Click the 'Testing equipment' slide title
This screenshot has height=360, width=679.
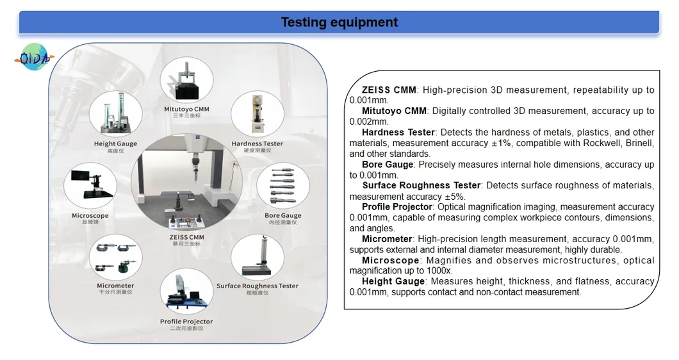pos(339,22)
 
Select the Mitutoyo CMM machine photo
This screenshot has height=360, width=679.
pos(186,82)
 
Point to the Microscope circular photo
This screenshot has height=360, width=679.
pos(90,185)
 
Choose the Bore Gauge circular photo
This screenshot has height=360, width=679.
pos(282,185)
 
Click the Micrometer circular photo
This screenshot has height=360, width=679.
pos(116,256)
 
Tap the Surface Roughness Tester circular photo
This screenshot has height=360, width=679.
pos(257,256)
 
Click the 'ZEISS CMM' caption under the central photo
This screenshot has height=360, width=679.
pos(186,238)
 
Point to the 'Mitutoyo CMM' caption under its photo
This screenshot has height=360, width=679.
pos(186,110)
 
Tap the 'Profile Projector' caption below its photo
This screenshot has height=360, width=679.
pos(186,322)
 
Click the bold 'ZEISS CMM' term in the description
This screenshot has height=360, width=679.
pos(389,90)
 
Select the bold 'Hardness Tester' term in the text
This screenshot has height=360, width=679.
pos(398,133)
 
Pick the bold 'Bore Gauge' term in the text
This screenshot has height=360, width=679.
pos(387,165)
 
